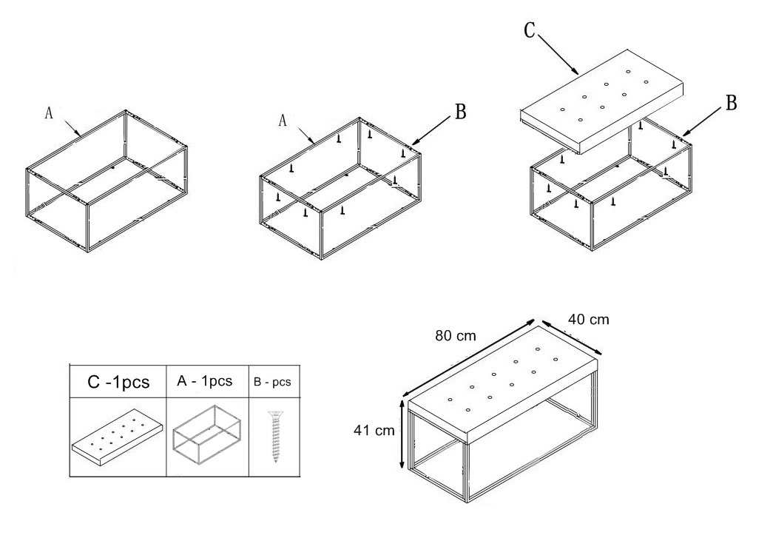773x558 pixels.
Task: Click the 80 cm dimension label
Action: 456,336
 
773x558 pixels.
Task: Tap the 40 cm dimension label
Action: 589,320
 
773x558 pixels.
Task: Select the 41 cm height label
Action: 374,431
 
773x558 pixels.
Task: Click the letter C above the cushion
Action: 530,30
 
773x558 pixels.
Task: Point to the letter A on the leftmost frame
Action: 48,113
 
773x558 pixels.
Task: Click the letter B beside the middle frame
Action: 460,112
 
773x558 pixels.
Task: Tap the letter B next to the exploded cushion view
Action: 732,103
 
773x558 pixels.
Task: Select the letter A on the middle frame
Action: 283,121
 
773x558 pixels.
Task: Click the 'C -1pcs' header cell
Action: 118,382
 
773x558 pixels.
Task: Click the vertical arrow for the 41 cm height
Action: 402,434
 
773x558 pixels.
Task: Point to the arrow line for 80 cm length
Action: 469,357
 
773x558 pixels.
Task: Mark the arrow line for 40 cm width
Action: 571,337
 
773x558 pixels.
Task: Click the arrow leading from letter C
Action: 558,54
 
